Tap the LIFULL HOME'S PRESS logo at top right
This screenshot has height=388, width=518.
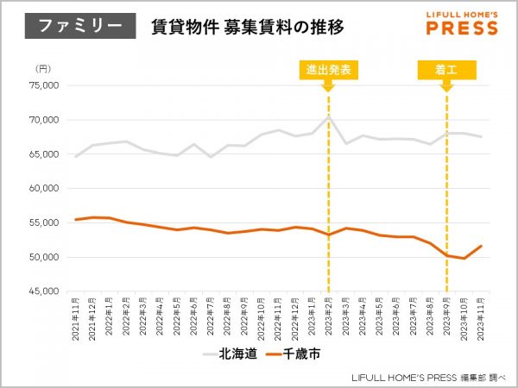click(462, 24)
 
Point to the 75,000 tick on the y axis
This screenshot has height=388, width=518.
click(42, 85)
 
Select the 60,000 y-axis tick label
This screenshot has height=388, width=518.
click(42, 188)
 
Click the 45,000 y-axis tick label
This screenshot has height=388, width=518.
click(42, 291)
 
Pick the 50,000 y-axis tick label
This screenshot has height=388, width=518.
click(42, 257)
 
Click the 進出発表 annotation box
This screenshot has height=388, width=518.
click(328, 69)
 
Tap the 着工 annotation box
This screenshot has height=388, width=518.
click(445, 69)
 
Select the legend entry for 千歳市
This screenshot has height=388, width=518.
click(288, 354)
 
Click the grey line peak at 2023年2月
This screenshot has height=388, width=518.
click(328, 116)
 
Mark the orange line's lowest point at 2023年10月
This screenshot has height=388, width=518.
click(464, 259)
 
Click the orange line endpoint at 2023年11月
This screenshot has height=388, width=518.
click(481, 246)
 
